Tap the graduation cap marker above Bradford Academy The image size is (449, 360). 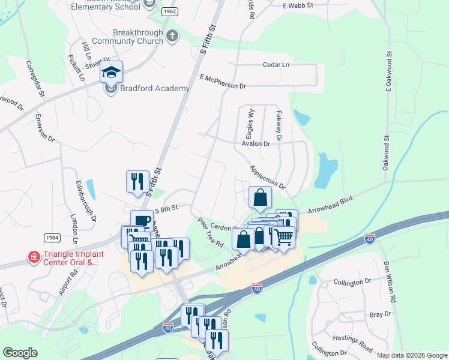pyautogui.click(x=111, y=72)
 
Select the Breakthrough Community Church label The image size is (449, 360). pyautogui.click(x=137, y=37)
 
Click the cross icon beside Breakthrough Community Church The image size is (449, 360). pyautogui.click(x=172, y=36)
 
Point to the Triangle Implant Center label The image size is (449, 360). pyautogui.click(x=73, y=258)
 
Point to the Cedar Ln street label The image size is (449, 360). pyautogui.click(x=276, y=65)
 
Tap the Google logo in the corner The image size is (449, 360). pyautogui.click(x=20, y=353)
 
